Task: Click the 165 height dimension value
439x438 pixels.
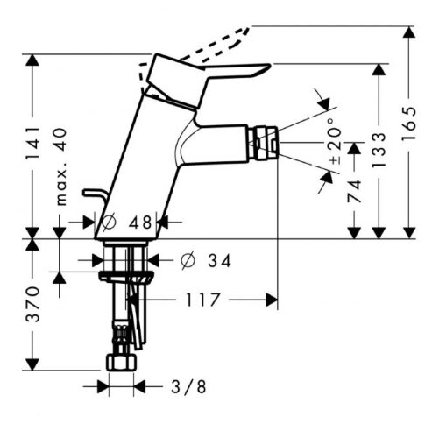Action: [x=408, y=124]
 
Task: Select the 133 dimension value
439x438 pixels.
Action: [x=379, y=151]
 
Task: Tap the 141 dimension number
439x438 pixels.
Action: [x=32, y=143]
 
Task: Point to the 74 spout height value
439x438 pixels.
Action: [x=354, y=192]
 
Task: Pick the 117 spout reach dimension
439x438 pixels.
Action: [x=202, y=300]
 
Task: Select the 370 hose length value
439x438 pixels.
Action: [x=32, y=304]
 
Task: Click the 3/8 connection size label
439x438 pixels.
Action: [x=188, y=387]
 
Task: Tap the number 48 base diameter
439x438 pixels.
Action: [x=140, y=223]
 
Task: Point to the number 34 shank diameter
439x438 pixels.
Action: [x=219, y=261]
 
